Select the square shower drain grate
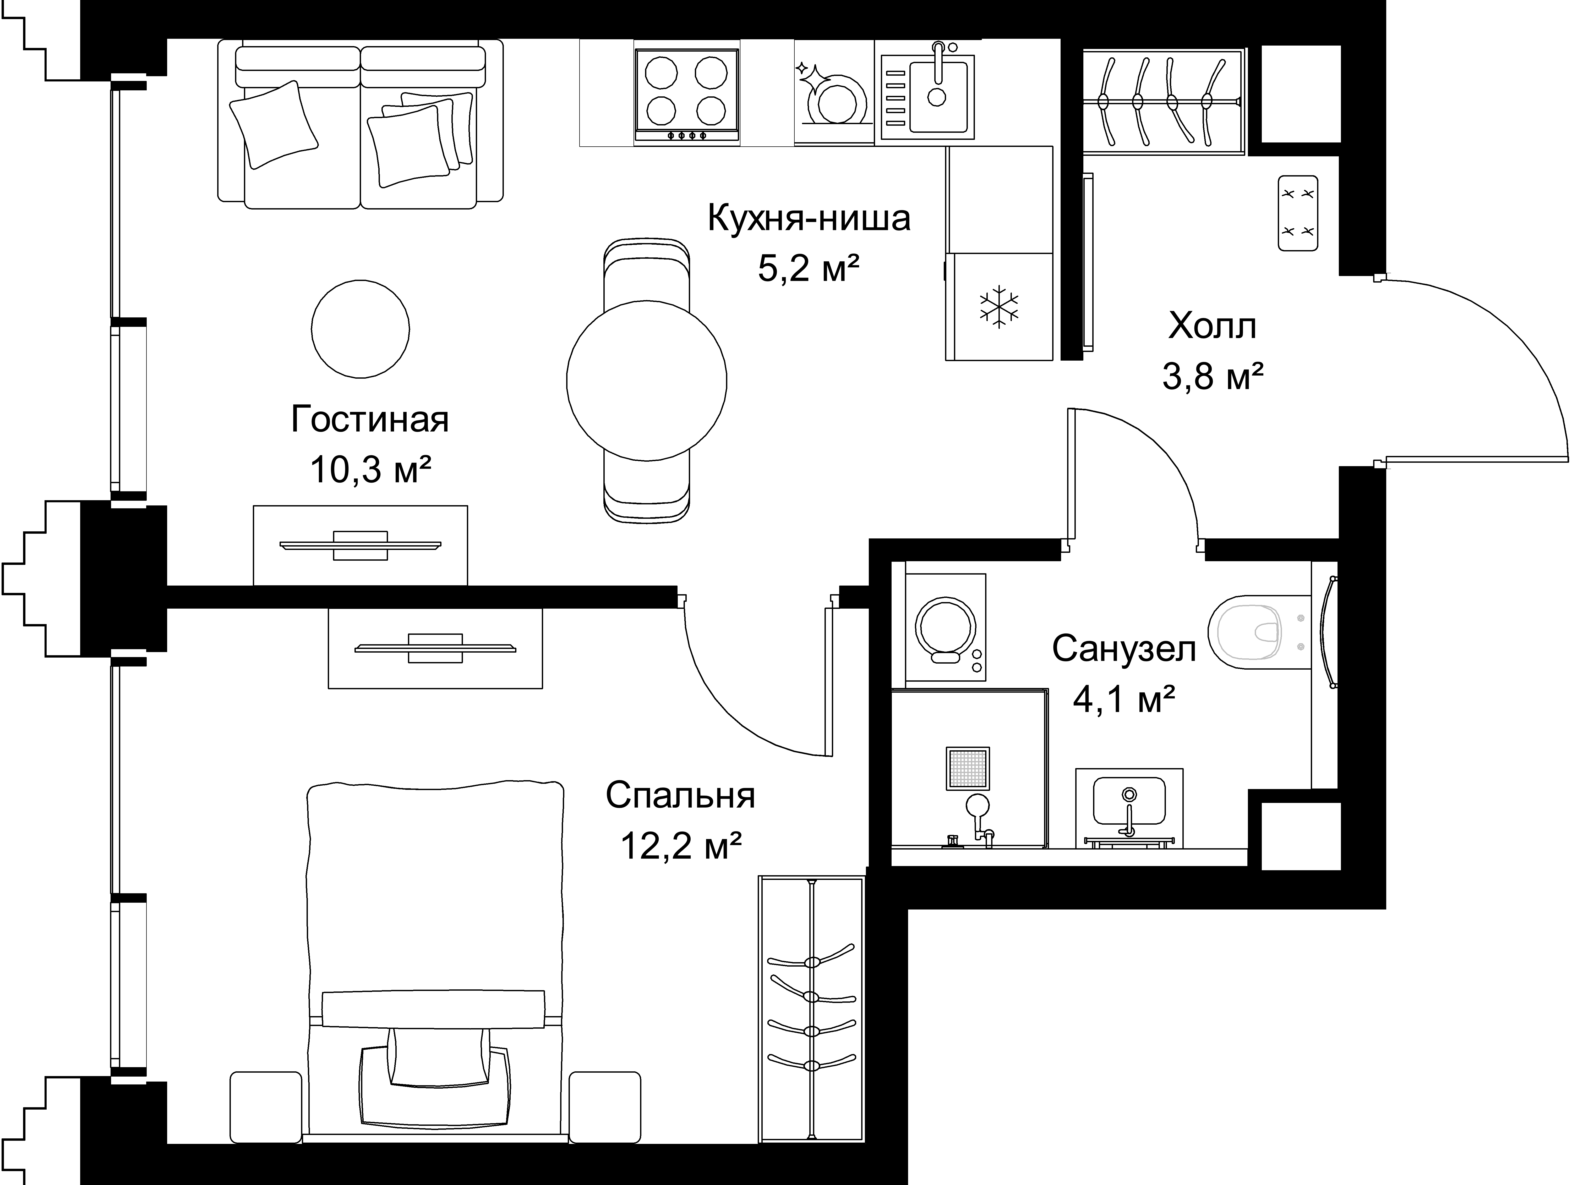(967, 768)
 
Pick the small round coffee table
(360, 328)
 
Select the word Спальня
(680, 796)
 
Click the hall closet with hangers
(1163, 101)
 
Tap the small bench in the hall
(1298, 213)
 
